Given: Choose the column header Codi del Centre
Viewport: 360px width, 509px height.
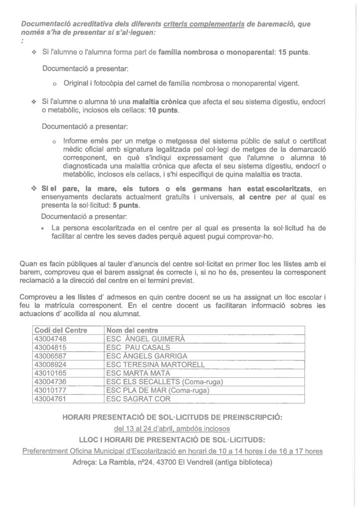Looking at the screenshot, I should (61, 330).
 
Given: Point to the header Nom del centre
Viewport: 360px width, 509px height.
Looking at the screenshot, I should (132, 330).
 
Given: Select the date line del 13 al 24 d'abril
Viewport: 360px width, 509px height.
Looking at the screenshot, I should (172, 428).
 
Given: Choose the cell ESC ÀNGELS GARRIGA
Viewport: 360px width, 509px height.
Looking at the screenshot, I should (147, 356).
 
